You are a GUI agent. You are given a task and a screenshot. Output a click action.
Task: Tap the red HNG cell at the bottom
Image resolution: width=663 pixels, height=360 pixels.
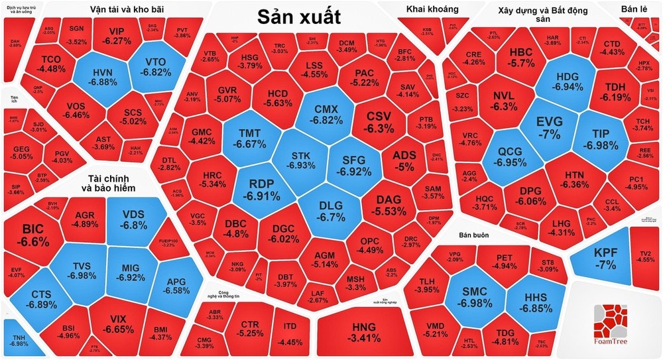click(363, 330)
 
